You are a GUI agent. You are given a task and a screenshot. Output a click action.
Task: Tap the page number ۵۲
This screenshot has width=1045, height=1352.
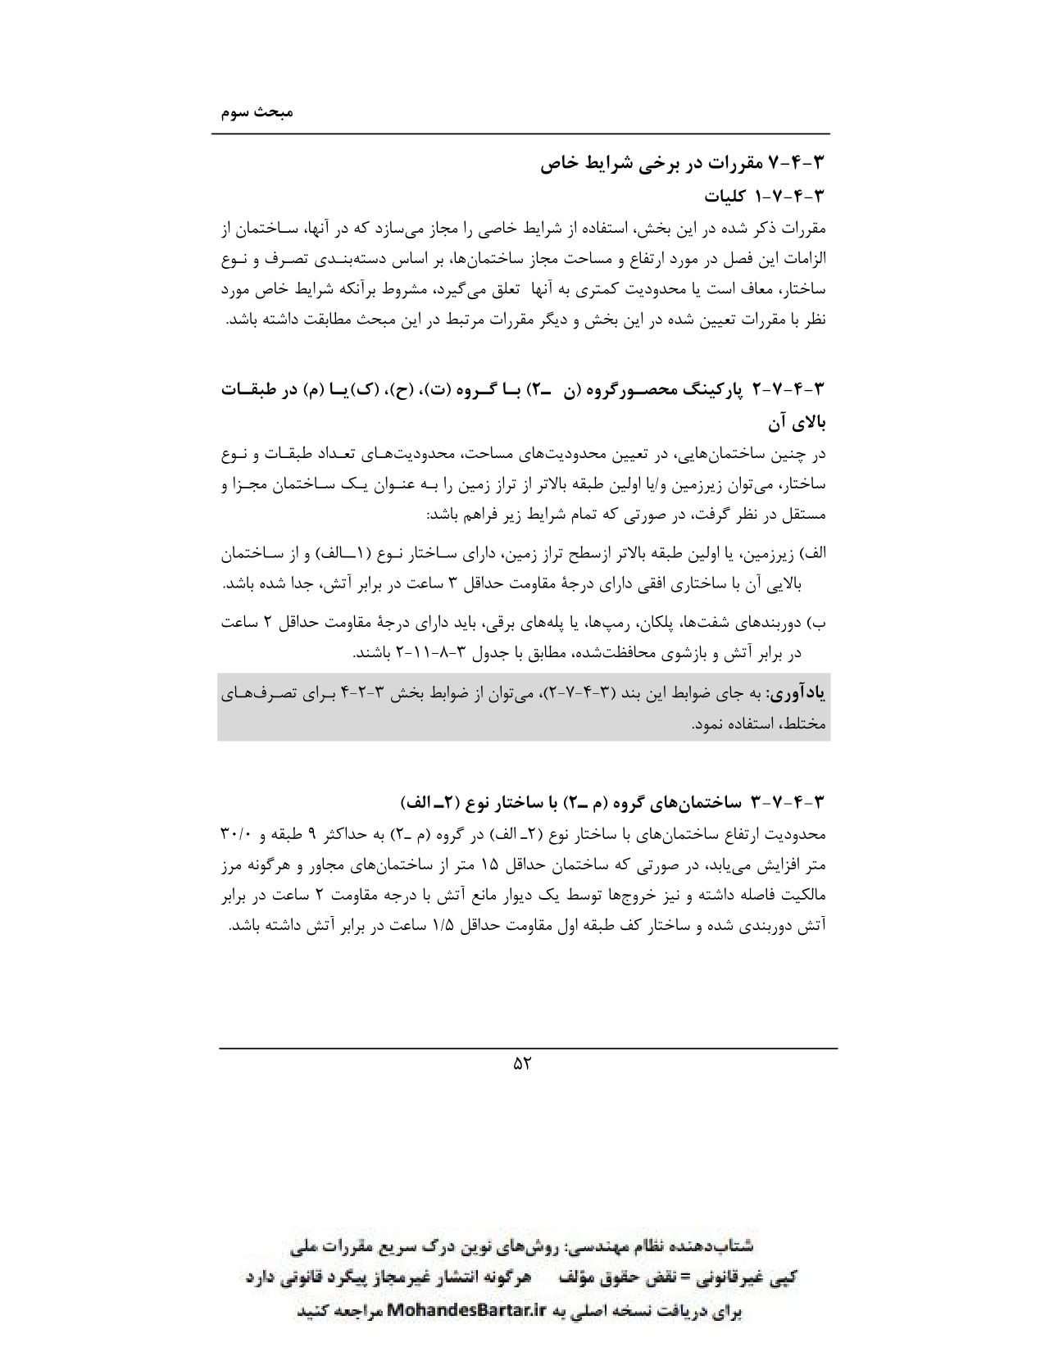(x=522, y=1064)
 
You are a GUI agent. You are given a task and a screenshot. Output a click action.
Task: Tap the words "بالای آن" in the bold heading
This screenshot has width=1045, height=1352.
(x=797, y=424)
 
